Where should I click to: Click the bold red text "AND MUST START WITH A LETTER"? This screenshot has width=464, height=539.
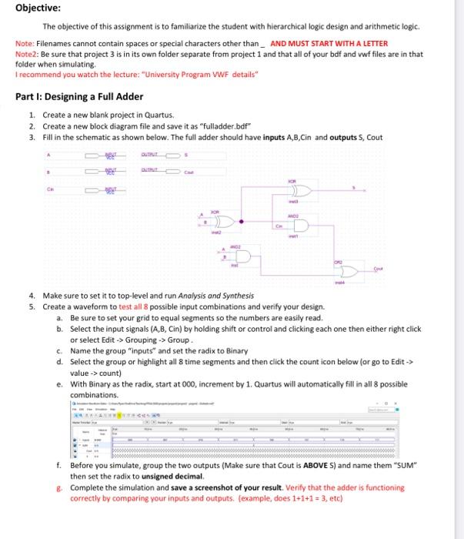pyautogui.click(x=329, y=43)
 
